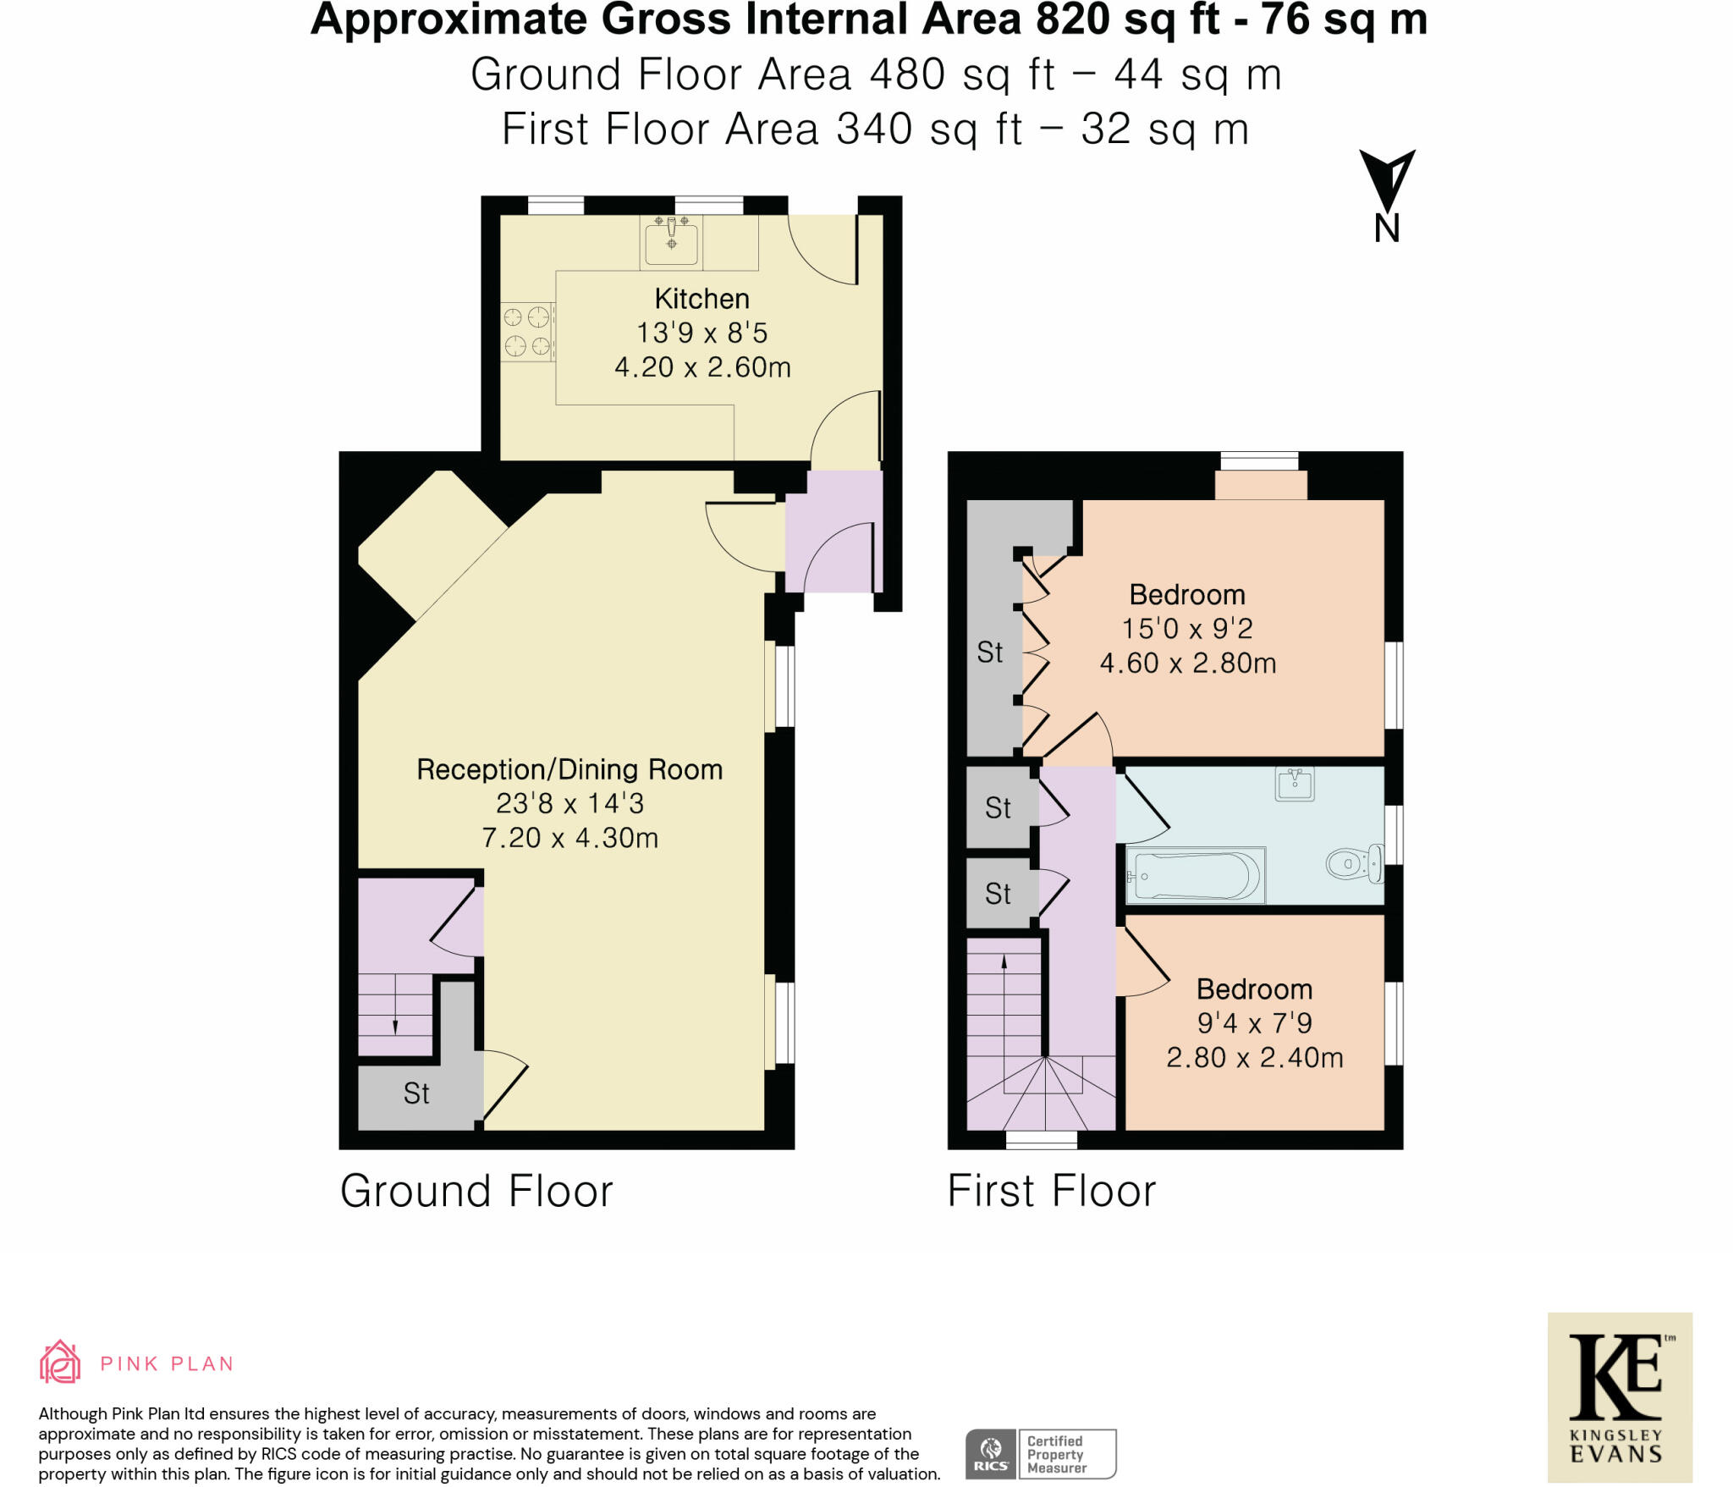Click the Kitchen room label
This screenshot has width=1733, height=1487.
701,299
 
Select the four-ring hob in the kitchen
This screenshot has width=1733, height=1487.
527,332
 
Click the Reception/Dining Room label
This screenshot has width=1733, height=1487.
569,769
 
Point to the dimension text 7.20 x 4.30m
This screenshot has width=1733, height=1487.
569,838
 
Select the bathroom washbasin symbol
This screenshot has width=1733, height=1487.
1295,785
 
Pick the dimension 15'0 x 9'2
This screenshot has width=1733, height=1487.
1186,629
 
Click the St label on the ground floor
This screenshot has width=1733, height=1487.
415,1093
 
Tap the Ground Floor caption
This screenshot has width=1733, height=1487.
476,1191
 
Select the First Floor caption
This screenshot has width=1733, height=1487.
1051,1191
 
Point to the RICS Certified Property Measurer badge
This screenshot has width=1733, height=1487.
1040,1453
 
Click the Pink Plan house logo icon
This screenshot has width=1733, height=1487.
60,1363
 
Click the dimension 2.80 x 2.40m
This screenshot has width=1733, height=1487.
1254,1058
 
